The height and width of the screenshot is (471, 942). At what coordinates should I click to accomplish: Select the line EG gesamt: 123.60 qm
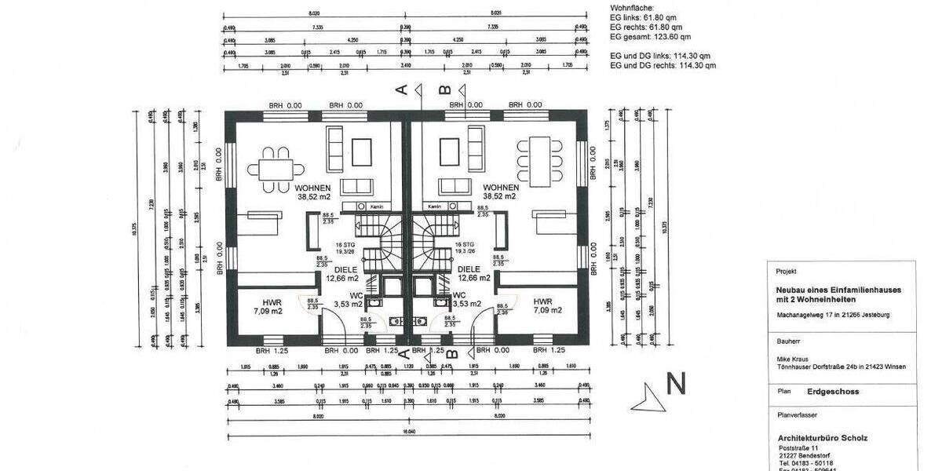pos(650,37)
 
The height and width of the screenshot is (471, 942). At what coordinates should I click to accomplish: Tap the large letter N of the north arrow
pos(677,383)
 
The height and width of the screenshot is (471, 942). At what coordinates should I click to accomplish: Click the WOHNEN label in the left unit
pos(314,188)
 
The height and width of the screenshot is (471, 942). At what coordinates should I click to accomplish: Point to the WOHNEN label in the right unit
pos(500,188)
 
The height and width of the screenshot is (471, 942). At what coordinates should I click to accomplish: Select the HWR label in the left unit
pos(262,301)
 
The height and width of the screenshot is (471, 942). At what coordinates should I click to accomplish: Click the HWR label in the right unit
pos(542,301)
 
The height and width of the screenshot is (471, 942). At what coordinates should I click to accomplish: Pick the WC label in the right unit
pos(459,295)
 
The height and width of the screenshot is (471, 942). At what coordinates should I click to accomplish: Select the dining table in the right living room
pos(540,155)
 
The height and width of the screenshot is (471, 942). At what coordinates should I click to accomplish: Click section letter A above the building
pos(402,90)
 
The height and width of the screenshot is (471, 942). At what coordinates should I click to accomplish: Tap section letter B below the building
pos(451,352)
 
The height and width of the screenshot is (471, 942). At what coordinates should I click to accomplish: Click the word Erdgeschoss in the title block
pos(832,391)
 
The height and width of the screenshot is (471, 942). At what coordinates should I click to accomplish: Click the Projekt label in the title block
pos(786,271)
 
